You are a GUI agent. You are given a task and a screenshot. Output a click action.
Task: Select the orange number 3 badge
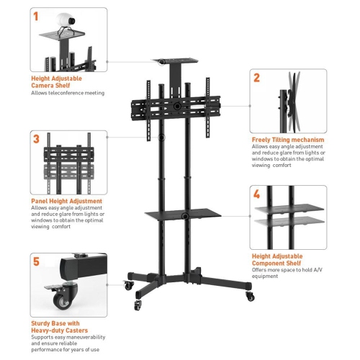pyautogui.click(x=37, y=139)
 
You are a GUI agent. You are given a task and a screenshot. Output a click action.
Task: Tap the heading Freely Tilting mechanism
pyautogui.click(x=287, y=140)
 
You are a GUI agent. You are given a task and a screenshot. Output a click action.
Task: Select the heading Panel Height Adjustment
pyautogui.click(x=66, y=201)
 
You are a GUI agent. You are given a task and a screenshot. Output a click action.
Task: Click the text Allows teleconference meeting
pyautogui.click(x=67, y=93)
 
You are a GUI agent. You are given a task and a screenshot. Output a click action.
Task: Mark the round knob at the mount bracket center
pyautogui.click(x=176, y=106)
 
